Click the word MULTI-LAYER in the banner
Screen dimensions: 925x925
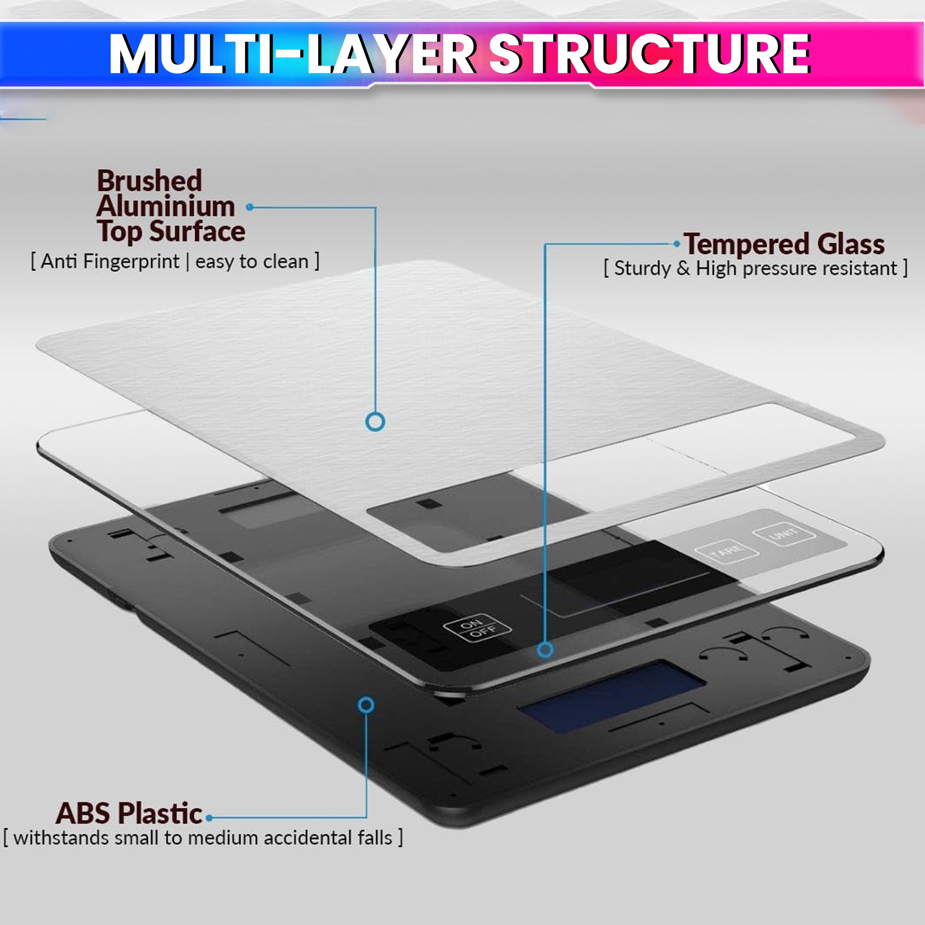[x=291, y=54]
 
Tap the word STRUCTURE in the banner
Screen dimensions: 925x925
[x=650, y=54]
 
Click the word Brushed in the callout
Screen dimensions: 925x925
[x=149, y=181]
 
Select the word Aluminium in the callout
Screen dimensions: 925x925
[x=166, y=206]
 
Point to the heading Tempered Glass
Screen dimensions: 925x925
[x=784, y=244]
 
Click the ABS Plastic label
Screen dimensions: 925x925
[x=129, y=814]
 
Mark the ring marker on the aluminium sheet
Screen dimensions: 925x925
[x=376, y=422]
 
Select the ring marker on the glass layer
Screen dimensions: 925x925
[x=545, y=650]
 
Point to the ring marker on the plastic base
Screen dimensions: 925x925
[x=366, y=705]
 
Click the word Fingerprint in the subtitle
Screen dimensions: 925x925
[x=131, y=262]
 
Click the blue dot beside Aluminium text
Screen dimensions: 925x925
[x=249, y=207]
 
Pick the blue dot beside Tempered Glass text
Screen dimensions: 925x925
[x=677, y=244]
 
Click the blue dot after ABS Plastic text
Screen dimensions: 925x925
[x=209, y=818]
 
